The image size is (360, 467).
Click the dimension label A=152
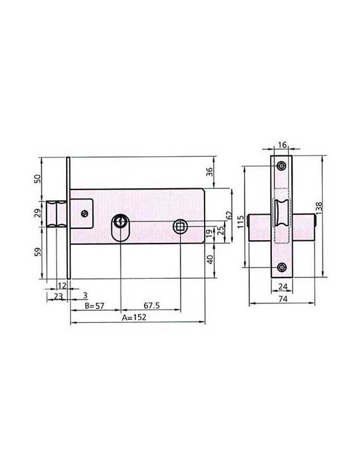(134, 317)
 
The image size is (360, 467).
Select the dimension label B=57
(94, 306)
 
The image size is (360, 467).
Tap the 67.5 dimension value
(152, 306)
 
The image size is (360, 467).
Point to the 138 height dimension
(319, 208)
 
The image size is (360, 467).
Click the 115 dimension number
(241, 222)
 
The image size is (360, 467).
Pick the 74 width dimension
(283, 298)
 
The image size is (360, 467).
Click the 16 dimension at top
(282, 145)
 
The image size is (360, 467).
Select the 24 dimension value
(283, 286)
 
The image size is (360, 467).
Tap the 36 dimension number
(210, 172)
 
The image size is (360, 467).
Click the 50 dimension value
(37, 179)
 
